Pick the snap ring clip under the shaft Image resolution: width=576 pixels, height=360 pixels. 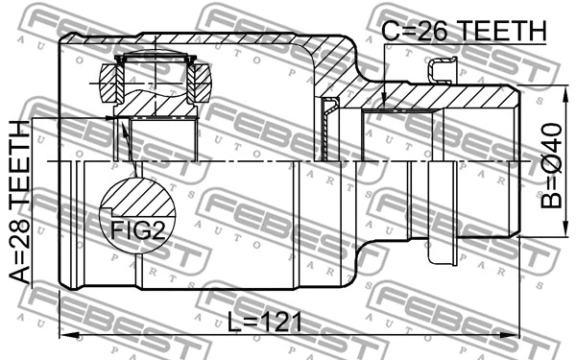443,255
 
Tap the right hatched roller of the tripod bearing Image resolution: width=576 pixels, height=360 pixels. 200,83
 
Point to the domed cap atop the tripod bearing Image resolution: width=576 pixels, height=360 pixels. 154,60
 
